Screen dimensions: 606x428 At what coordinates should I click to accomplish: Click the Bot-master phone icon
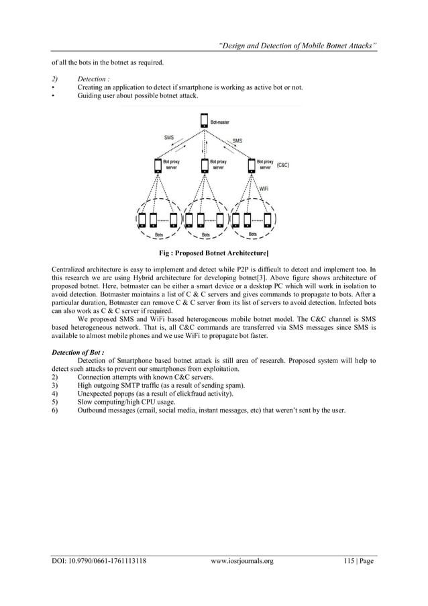click(204, 122)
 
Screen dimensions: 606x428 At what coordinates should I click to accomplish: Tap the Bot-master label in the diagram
click(220, 122)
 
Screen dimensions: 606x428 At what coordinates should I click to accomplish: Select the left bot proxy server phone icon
click(158, 165)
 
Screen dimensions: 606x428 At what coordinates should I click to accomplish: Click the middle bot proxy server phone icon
click(204, 165)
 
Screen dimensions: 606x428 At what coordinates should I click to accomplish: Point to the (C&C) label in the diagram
click(283, 165)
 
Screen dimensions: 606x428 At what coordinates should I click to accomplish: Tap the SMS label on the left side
click(169, 138)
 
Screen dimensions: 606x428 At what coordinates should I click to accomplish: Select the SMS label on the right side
click(237, 141)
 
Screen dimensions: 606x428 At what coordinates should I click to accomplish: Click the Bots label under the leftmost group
click(160, 235)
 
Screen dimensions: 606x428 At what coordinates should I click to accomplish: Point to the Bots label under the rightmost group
click(253, 234)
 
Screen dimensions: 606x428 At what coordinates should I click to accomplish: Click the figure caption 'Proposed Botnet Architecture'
click(213, 253)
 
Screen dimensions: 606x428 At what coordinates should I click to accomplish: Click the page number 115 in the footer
click(345, 560)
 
